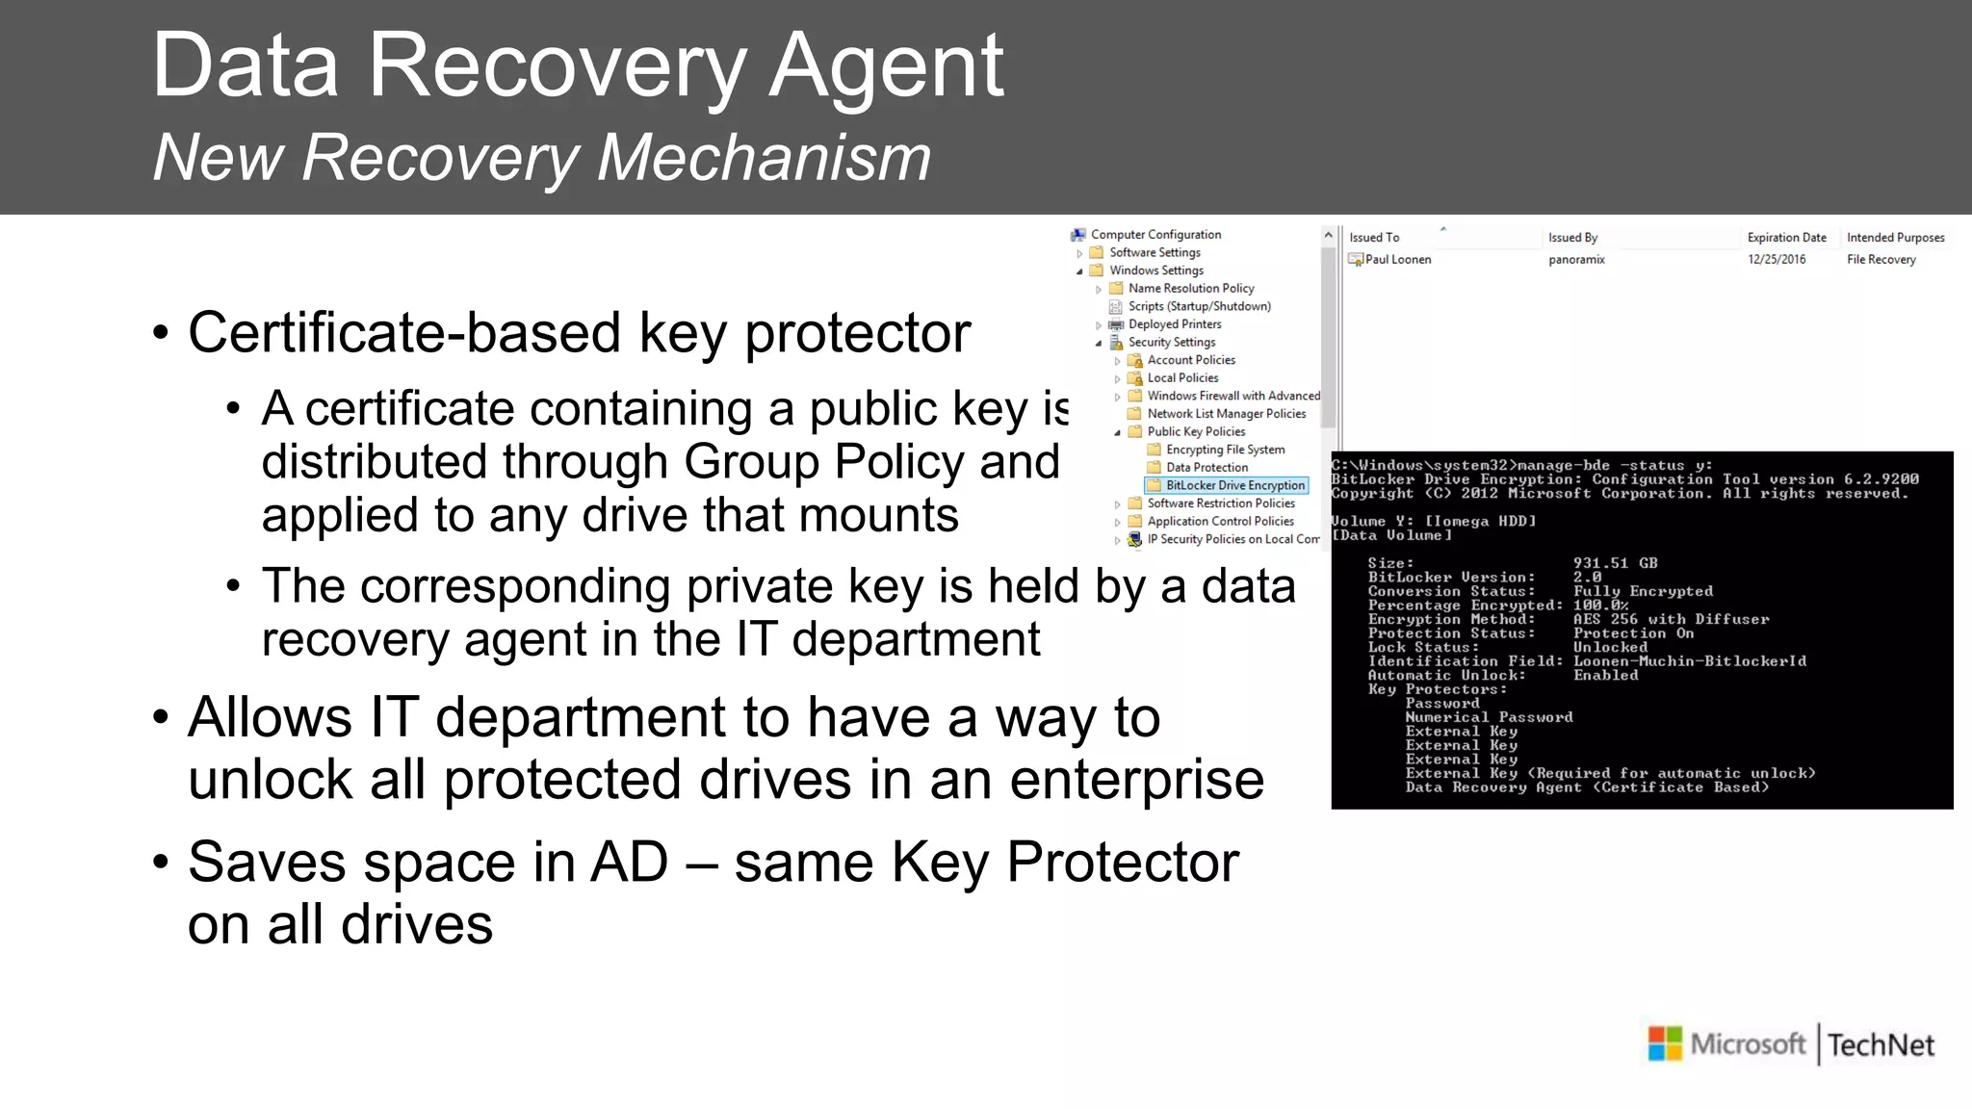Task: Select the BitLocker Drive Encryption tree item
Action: pyautogui.click(x=1234, y=485)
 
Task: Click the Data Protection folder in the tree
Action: pyautogui.click(x=1207, y=468)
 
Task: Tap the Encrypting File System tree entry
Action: pyautogui.click(x=1225, y=450)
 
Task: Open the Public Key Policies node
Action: pyautogui.click(x=1196, y=432)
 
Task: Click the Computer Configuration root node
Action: pyautogui.click(x=1155, y=235)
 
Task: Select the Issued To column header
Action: pyautogui.click(x=1374, y=238)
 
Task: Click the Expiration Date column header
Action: pyautogui.click(x=1786, y=238)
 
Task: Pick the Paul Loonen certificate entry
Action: pyautogui.click(x=1397, y=260)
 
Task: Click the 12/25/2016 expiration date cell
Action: pyautogui.click(x=1777, y=260)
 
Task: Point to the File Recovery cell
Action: pyautogui.click(x=1881, y=260)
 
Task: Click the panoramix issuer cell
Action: pyautogui.click(x=1576, y=260)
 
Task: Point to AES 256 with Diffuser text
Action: pyautogui.click(x=1671, y=619)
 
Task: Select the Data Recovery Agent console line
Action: pyautogui.click(x=1586, y=787)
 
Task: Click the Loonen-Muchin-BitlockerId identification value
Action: pyautogui.click(x=1689, y=661)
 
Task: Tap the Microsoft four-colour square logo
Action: pyautogui.click(x=1665, y=1044)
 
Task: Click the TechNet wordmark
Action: pyautogui.click(x=1881, y=1045)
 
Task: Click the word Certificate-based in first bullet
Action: pyautogui.click(x=404, y=333)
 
